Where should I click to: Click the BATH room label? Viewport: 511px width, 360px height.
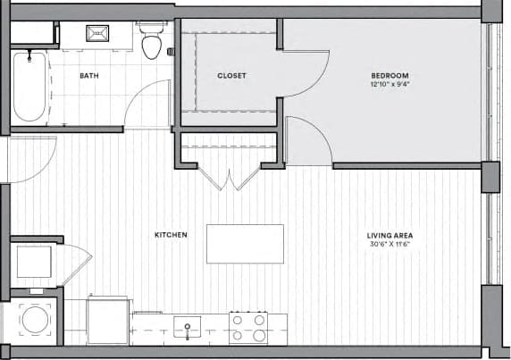click(x=89, y=76)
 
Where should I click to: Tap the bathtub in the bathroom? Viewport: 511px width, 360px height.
click(x=29, y=87)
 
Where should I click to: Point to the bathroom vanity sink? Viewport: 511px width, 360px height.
click(x=96, y=35)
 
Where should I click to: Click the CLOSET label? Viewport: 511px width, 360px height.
click(x=231, y=76)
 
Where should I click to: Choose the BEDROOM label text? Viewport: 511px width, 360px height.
click(x=390, y=75)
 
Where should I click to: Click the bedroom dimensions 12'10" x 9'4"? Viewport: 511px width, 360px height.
click(x=390, y=85)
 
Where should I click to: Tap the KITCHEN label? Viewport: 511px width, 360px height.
click(x=171, y=235)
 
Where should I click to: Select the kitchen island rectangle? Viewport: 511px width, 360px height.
click(x=245, y=244)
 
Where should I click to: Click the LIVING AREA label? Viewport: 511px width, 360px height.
click(x=390, y=235)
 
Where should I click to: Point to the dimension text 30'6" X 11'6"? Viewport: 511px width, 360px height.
click(x=390, y=245)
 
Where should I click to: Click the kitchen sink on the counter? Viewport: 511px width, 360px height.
click(x=187, y=327)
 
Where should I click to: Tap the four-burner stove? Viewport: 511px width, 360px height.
click(x=248, y=327)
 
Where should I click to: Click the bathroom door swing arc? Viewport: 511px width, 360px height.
click(x=147, y=103)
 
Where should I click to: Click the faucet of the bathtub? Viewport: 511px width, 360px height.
click(x=29, y=58)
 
